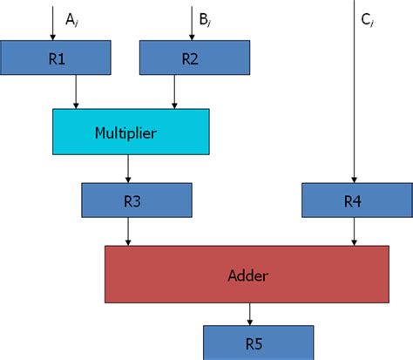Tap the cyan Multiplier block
click(131, 132)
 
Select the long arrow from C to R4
click(352, 96)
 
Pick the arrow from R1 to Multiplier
click(79, 91)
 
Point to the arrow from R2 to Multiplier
click(177, 91)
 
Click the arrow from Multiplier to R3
click(128, 168)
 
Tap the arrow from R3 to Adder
click(128, 231)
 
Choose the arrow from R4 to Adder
click(352, 231)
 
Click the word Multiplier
click(131, 132)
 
